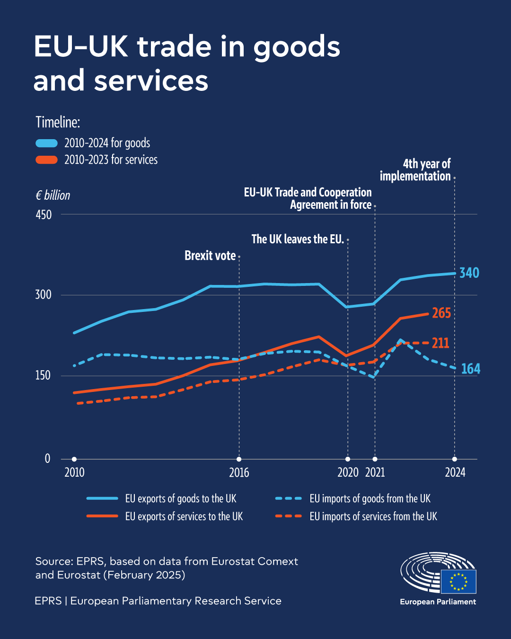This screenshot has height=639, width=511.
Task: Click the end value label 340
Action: tap(469, 273)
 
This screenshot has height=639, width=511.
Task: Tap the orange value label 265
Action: tap(441, 313)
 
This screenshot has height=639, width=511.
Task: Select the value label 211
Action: tap(440, 343)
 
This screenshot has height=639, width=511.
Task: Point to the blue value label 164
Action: tap(470, 369)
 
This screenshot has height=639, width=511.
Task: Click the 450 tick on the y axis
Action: tap(44, 215)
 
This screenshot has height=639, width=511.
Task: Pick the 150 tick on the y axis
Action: tap(43, 376)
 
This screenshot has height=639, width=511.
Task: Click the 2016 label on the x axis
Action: tap(239, 472)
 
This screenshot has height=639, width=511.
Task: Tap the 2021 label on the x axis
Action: tap(375, 472)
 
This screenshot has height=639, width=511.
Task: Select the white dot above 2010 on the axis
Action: tap(74, 459)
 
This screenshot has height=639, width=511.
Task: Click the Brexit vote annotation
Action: tap(210, 256)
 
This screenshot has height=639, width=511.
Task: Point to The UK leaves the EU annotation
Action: tap(298, 240)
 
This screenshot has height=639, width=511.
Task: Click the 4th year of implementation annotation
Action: tap(415, 170)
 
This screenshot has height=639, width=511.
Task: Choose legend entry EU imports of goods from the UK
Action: tap(370, 498)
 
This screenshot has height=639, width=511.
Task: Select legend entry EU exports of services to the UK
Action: tap(184, 516)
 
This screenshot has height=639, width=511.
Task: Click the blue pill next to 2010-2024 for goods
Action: tap(46, 143)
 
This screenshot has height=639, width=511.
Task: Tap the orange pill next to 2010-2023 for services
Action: tap(46, 160)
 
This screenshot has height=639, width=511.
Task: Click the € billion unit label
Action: tap(53, 195)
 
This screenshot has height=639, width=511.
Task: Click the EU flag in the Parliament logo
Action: tap(458, 581)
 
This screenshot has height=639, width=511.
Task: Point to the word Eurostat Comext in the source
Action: tap(255, 561)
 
